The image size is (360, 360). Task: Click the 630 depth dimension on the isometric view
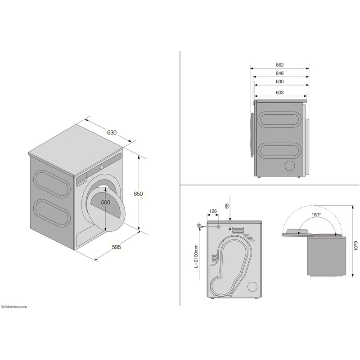(112, 132)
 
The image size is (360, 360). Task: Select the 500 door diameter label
(105, 202)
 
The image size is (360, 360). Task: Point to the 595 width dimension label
(116, 247)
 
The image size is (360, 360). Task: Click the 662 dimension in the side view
(279, 65)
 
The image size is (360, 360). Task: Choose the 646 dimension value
(279, 73)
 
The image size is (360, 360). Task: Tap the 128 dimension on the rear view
(213, 211)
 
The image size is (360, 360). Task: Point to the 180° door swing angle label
(316, 215)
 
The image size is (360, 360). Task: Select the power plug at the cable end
(198, 225)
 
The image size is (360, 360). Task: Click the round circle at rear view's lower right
(253, 286)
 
